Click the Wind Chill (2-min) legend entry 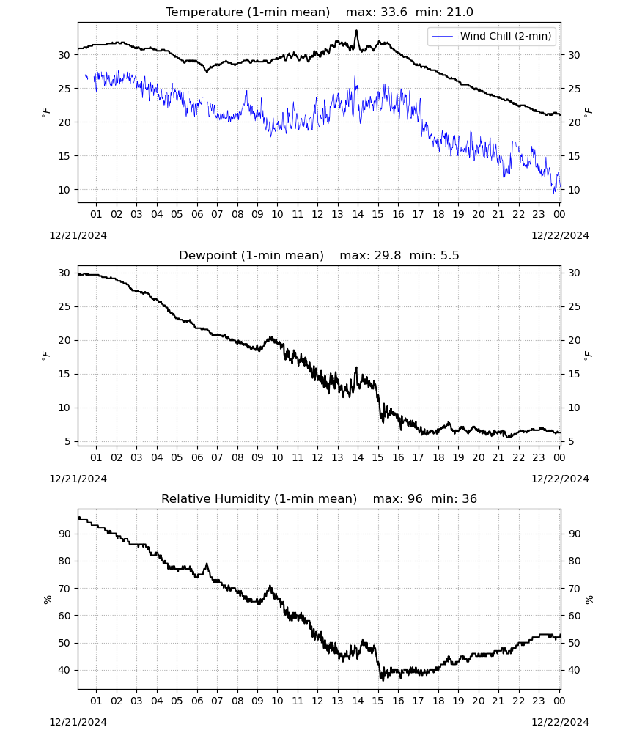[x=492, y=36]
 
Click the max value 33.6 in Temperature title [x=394, y=12]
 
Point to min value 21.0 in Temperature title [x=460, y=12]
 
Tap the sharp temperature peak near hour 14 [x=357, y=31]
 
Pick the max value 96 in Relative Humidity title [x=415, y=498]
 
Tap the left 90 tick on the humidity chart [x=64, y=534]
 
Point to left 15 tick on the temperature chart [x=64, y=156]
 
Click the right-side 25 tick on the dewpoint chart [x=575, y=306]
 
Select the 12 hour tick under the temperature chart [x=318, y=214]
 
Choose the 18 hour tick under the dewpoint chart [x=438, y=457]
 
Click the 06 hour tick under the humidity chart [x=197, y=701]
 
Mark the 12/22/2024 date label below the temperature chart [x=560, y=235]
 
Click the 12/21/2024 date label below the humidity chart [x=78, y=722]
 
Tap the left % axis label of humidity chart [x=48, y=600]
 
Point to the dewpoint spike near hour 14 [x=356, y=369]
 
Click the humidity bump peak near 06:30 [x=207, y=564]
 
